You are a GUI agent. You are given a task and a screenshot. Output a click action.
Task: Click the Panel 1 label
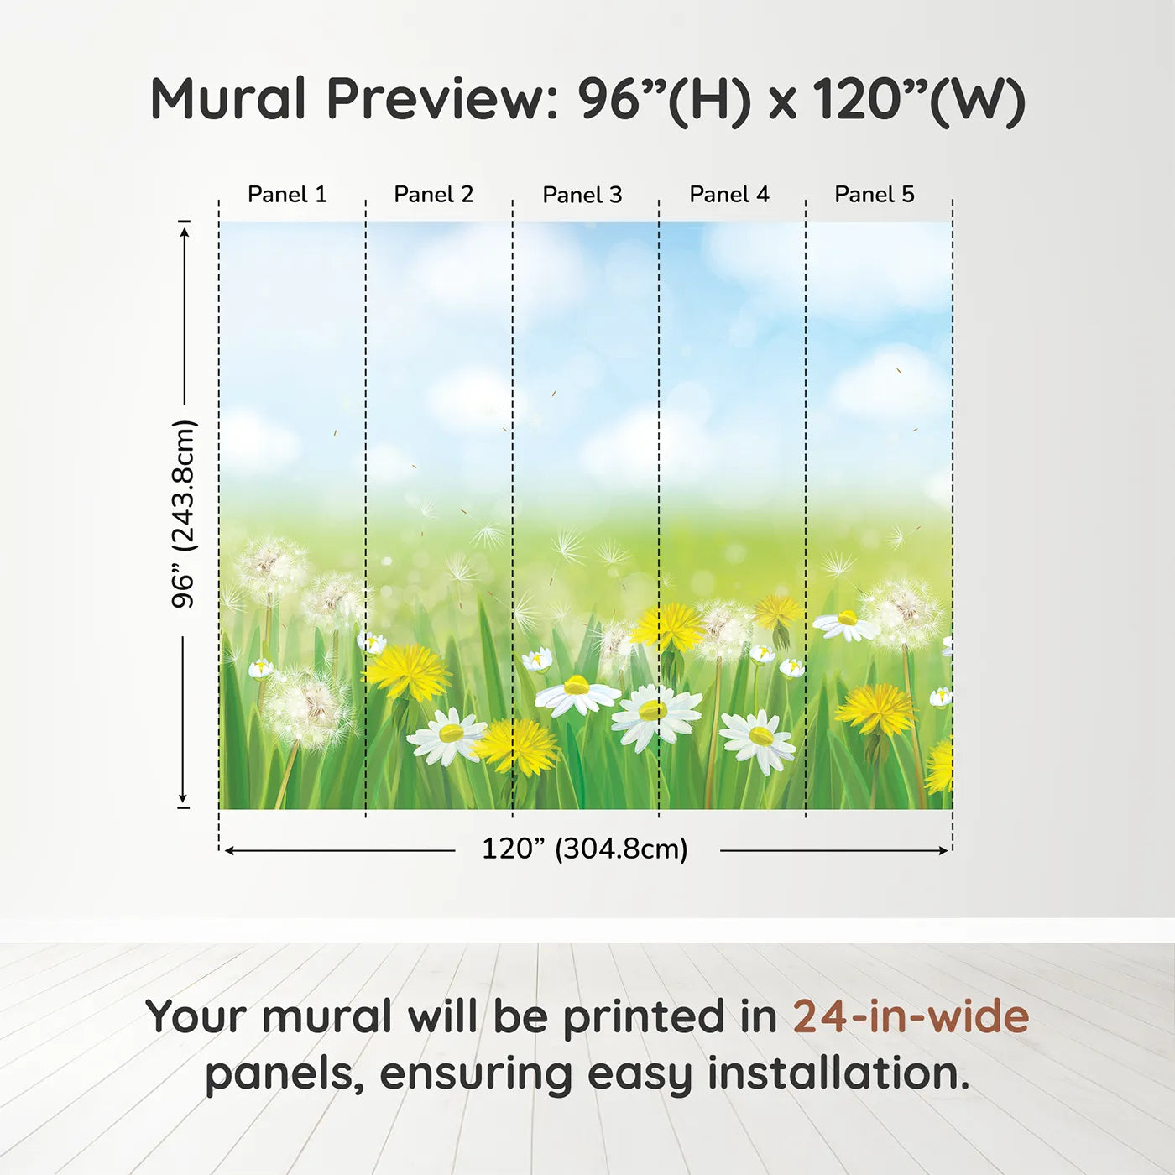click(287, 195)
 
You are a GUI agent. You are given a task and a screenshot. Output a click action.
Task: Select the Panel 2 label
click(434, 195)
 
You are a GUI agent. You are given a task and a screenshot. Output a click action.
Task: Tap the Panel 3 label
click(582, 195)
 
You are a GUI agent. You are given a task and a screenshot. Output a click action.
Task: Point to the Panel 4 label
click(729, 195)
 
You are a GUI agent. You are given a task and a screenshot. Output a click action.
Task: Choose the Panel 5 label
click(875, 195)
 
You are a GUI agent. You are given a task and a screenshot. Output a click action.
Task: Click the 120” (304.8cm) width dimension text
click(585, 849)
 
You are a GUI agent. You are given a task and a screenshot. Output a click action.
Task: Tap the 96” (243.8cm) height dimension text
click(183, 514)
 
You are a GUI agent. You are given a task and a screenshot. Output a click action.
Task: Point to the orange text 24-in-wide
click(911, 1016)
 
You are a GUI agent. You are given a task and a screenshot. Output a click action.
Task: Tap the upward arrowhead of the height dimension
click(184, 230)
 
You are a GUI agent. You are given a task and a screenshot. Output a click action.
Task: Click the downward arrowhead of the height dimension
click(182, 798)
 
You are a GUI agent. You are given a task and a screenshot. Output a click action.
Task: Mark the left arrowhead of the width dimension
click(231, 850)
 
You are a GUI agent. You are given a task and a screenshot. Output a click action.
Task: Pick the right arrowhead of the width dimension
click(942, 850)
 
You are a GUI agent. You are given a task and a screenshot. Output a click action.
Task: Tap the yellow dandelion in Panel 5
click(875, 710)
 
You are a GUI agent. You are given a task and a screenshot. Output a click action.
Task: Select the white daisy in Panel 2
click(447, 735)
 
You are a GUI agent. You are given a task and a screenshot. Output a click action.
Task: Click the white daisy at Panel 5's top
click(845, 624)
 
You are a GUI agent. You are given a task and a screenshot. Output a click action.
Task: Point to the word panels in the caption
click(279, 1075)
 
